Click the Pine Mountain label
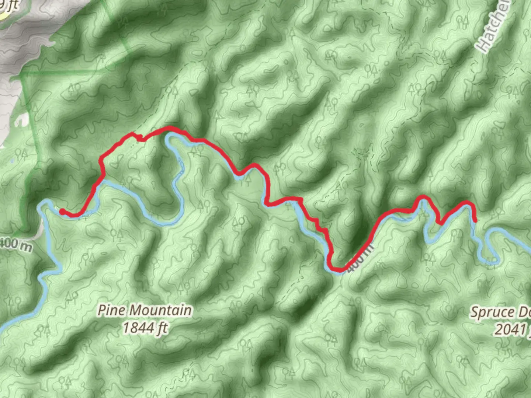[145, 310]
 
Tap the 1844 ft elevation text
[145, 328]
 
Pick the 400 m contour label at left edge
[15, 244]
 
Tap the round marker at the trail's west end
[62, 211]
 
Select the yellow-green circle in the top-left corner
[3, 13]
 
